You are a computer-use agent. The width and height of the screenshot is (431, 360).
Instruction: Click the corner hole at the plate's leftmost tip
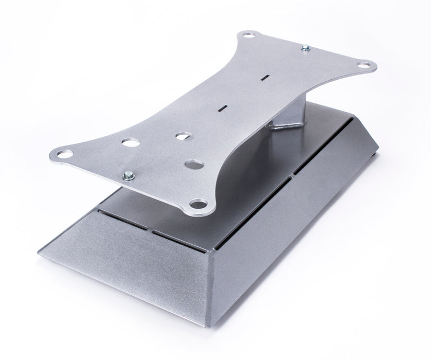64,153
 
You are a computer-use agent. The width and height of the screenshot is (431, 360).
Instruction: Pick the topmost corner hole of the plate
249,35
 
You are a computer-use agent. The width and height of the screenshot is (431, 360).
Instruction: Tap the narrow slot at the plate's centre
223,107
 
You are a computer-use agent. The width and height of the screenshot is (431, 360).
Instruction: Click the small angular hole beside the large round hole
182,137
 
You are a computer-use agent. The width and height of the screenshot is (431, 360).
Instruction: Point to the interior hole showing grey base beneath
193,165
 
